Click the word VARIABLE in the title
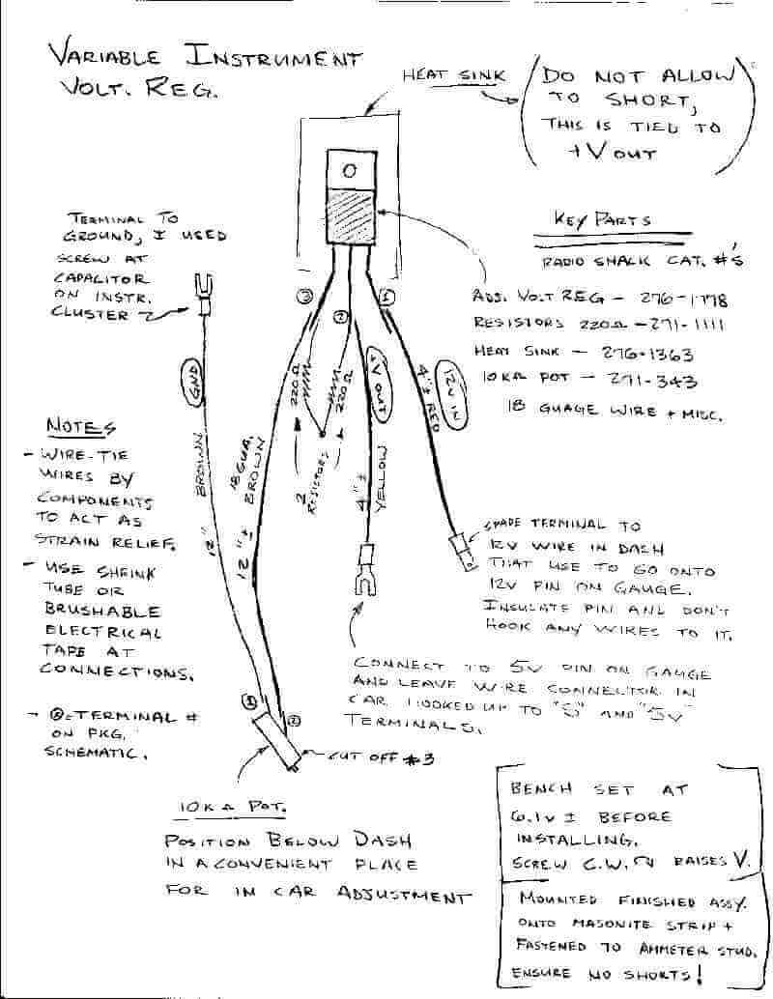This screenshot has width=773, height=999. pos(109,55)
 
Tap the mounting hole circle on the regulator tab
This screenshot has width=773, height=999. pos(350,170)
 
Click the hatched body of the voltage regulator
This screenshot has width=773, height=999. pos(350,215)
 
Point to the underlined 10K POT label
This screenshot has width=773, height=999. pos(230,807)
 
